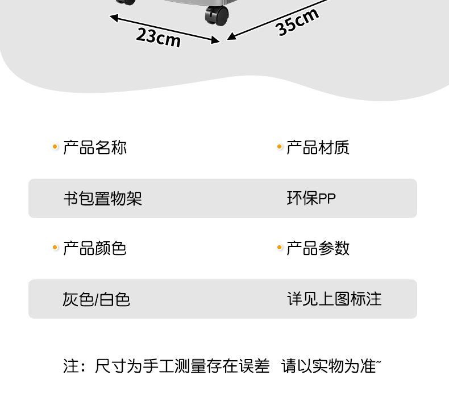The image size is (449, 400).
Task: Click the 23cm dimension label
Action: [158, 37]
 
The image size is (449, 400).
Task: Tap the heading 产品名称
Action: [95, 148]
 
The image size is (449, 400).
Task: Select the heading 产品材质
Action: [318, 148]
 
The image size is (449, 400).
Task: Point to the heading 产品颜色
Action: [95, 248]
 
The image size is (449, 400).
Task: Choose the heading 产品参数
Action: [318, 248]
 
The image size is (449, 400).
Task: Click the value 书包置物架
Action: [102, 199]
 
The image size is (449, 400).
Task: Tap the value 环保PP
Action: [311, 199]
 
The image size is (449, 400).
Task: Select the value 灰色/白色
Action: [97, 299]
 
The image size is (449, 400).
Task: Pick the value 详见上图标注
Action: [334, 299]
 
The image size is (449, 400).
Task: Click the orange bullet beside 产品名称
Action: [55, 147]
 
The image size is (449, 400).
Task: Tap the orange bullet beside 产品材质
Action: [280, 147]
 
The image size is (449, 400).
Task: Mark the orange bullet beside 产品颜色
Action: [55, 248]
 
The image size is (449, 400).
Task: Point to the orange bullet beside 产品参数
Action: [280, 248]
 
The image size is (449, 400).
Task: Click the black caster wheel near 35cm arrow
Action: [216, 15]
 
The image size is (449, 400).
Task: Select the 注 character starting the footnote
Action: [70, 366]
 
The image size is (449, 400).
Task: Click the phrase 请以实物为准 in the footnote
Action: [329, 366]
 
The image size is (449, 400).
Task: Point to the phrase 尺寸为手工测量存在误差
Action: [182, 366]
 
